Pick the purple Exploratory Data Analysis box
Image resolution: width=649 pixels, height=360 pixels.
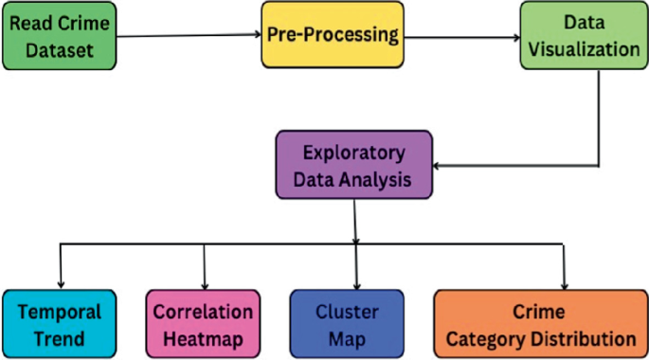point(354,163)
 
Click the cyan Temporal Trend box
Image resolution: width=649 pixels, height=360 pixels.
point(60,324)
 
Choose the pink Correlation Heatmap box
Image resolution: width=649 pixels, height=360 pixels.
point(204,324)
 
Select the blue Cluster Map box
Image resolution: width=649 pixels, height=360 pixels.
point(348,324)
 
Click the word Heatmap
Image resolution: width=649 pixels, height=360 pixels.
point(204,336)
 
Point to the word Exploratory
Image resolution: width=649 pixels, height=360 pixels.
point(354,151)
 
